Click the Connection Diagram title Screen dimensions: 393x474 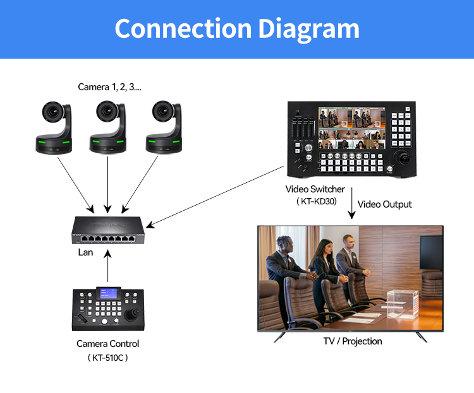pyautogui.click(x=237, y=29)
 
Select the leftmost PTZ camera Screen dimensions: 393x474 pyautogui.click(x=57, y=126)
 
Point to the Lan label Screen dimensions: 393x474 pyautogui.click(x=85, y=252)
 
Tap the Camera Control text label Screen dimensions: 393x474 pyautogui.click(x=107, y=344)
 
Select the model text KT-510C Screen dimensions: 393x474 pyautogui.click(x=107, y=358)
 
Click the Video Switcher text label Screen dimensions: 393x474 pyautogui.click(x=315, y=189)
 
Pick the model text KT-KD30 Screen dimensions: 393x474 pyautogui.click(x=315, y=201)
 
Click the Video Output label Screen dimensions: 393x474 pyautogui.click(x=384, y=204)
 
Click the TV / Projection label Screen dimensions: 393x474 pyautogui.click(x=353, y=341)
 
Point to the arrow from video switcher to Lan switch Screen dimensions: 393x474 pyautogui.click(x=215, y=195)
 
